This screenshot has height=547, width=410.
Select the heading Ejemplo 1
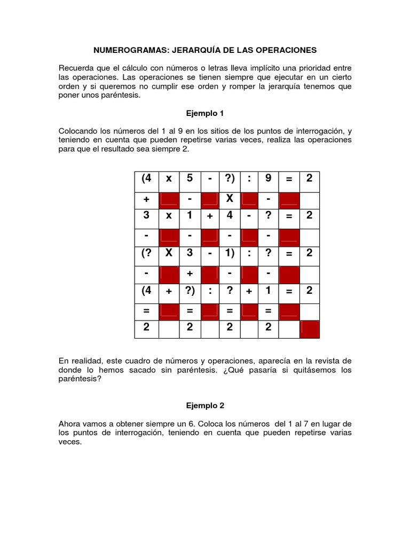204,113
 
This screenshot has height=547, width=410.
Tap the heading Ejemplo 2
204,406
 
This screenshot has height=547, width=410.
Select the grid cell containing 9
268,179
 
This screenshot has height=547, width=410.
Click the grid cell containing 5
189,179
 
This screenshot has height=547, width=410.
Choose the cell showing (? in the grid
146,253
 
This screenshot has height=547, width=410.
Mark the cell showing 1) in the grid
230,253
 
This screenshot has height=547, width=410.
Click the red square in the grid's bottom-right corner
310,328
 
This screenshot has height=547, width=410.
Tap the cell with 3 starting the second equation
146,216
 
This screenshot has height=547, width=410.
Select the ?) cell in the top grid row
230,179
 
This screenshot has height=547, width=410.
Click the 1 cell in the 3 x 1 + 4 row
189,216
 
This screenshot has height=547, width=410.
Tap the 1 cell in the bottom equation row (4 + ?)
268,291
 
